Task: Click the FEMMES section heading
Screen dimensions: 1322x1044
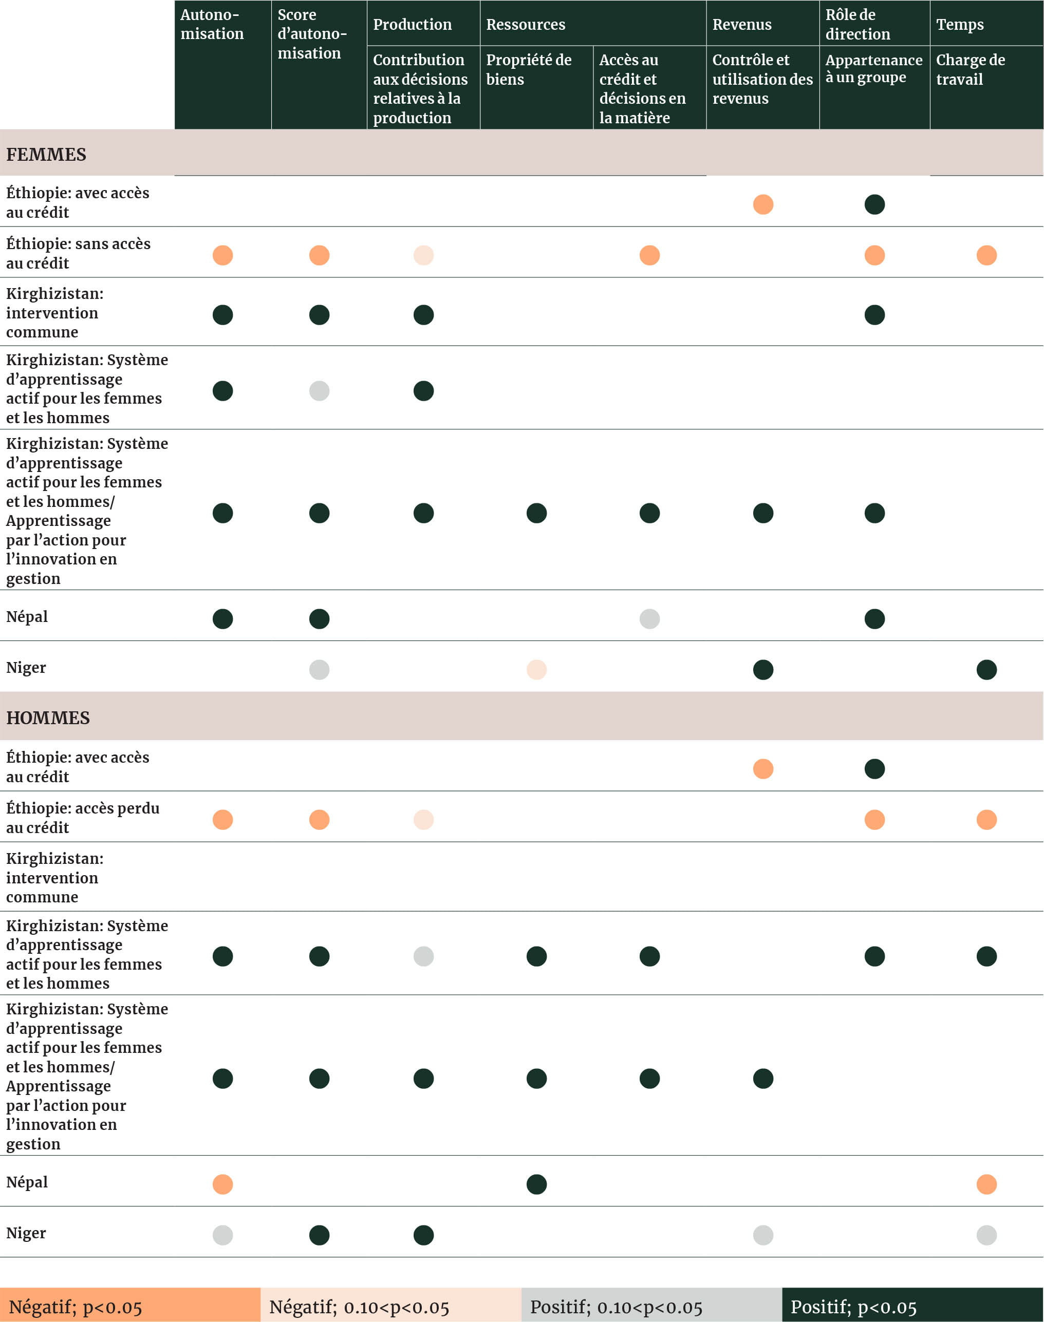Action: tap(46, 154)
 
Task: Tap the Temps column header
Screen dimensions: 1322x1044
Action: tap(960, 25)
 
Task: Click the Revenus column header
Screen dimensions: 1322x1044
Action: tap(741, 25)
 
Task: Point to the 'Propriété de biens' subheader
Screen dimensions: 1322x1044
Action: tap(529, 70)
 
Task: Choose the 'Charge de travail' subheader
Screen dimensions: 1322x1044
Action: tap(970, 70)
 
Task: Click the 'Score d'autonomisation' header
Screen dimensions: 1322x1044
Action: tap(312, 34)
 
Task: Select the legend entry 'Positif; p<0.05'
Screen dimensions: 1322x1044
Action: tap(853, 1307)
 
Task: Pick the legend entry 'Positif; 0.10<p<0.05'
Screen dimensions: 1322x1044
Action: tap(616, 1307)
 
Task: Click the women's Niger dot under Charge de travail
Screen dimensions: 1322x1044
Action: tap(986, 670)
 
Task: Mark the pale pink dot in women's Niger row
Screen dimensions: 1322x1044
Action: tap(536, 670)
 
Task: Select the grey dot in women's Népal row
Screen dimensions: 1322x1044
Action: tap(649, 619)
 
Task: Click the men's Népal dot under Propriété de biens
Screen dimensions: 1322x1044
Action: tap(536, 1184)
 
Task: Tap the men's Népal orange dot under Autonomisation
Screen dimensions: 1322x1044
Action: tap(222, 1184)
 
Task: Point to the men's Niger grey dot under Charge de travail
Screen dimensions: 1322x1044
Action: tap(986, 1235)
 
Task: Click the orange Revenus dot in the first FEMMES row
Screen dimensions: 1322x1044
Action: tap(763, 204)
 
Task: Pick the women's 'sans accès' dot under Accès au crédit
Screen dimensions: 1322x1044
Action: tap(649, 255)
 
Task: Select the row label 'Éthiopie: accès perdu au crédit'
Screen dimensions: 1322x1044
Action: tap(83, 818)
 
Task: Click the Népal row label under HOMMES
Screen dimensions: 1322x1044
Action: tap(27, 1182)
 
